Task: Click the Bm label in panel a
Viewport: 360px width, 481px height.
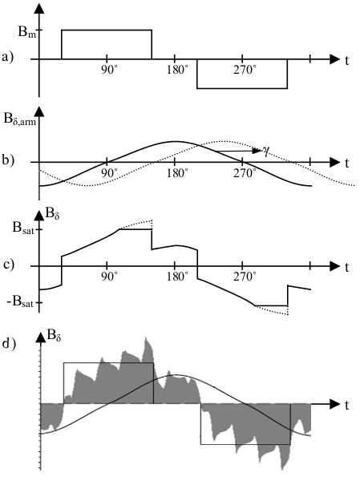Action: click(x=27, y=32)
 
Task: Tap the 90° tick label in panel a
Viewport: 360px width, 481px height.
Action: click(x=109, y=71)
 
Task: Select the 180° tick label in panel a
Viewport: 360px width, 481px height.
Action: click(x=177, y=71)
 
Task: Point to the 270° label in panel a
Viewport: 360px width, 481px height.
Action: click(x=245, y=71)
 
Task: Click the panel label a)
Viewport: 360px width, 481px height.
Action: click(x=8, y=58)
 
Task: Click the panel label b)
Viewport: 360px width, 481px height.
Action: click(x=8, y=161)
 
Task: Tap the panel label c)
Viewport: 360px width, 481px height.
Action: click(x=9, y=265)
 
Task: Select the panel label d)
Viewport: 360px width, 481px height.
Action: click(x=9, y=343)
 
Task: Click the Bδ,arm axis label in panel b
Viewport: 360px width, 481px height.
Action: click(x=19, y=120)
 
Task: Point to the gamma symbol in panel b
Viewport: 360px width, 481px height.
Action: click(x=265, y=151)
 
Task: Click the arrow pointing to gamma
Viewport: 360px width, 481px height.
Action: click(x=237, y=151)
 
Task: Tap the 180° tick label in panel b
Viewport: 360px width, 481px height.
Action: click(x=177, y=174)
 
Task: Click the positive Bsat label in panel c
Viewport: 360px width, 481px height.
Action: click(x=23, y=228)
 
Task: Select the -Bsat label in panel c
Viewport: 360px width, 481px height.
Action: click(x=21, y=303)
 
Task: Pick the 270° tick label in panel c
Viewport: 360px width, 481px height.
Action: click(x=245, y=277)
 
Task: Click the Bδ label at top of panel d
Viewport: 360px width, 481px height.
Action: click(x=54, y=337)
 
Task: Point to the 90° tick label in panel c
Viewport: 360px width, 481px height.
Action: click(x=109, y=277)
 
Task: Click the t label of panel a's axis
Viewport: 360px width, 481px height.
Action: click(x=347, y=60)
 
